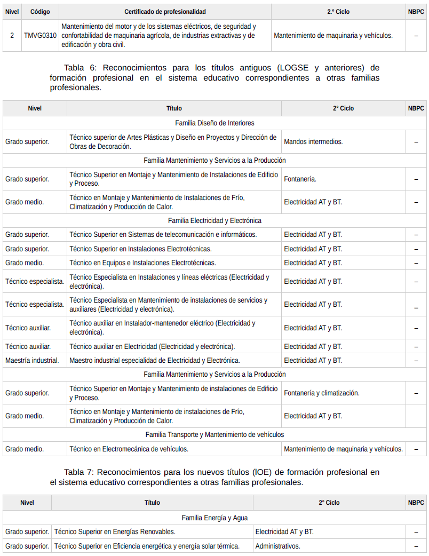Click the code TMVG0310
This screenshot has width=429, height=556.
pyautogui.click(x=40, y=36)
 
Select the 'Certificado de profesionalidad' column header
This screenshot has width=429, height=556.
pyautogui.click(x=165, y=12)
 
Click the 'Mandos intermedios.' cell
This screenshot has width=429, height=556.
pyautogui.click(x=313, y=142)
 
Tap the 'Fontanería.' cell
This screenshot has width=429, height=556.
pyautogui.click(x=300, y=179)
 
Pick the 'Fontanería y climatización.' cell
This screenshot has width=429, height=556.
pyautogui.click(x=321, y=393)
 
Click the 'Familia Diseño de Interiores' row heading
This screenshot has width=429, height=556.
pyautogui.click(x=215, y=123)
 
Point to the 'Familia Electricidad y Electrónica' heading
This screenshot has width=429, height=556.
pyautogui.click(x=215, y=220)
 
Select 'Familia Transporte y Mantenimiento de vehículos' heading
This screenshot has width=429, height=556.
pyautogui.click(x=215, y=435)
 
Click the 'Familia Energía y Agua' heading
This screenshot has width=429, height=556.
pyautogui.click(x=215, y=518)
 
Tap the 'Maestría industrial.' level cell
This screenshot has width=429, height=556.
pyautogui.click(x=32, y=361)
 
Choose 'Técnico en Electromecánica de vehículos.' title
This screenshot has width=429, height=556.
pyautogui.click(x=129, y=449)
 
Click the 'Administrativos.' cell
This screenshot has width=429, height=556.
pyautogui.click(x=277, y=546)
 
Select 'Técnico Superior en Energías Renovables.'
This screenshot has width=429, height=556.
pyautogui.click(x=115, y=532)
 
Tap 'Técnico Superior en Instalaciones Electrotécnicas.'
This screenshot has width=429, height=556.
pyautogui.click(x=140, y=249)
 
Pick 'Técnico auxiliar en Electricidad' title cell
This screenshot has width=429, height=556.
pyautogui.click(x=152, y=347)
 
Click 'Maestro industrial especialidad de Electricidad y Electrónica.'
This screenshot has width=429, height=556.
pyautogui.click(x=154, y=361)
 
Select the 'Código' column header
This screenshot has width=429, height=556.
pyautogui.click(x=40, y=12)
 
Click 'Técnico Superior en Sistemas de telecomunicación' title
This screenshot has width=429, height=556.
pyautogui.click(x=163, y=235)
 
